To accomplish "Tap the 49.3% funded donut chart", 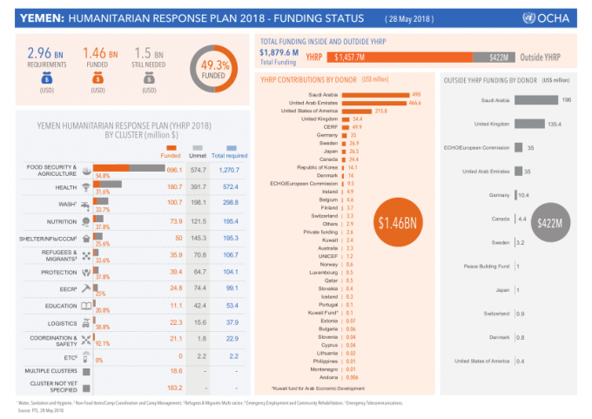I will point(215,71).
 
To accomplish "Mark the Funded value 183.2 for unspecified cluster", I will point(174,387).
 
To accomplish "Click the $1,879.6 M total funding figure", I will point(283,52).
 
